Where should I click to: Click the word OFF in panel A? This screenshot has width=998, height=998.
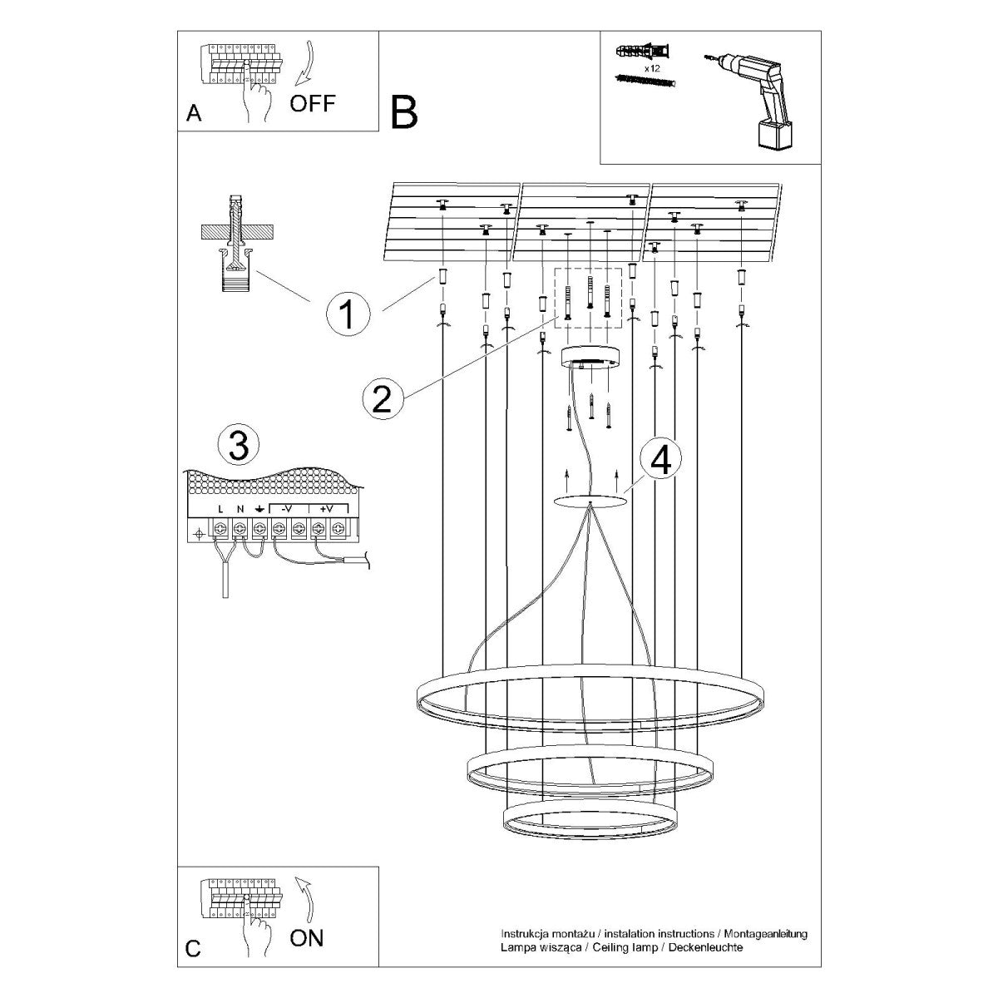point(313,103)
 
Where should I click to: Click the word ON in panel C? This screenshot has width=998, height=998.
point(307,939)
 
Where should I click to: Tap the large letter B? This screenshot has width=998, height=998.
point(403,113)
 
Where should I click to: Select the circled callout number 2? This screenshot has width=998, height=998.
point(382,399)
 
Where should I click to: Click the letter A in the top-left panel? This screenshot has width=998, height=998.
point(193,115)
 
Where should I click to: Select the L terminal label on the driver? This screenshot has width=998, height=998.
point(220,509)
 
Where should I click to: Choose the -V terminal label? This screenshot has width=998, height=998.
point(286,509)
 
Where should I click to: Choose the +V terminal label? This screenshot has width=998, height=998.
point(327,509)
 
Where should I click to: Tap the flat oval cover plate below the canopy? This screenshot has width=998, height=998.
point(590,501)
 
